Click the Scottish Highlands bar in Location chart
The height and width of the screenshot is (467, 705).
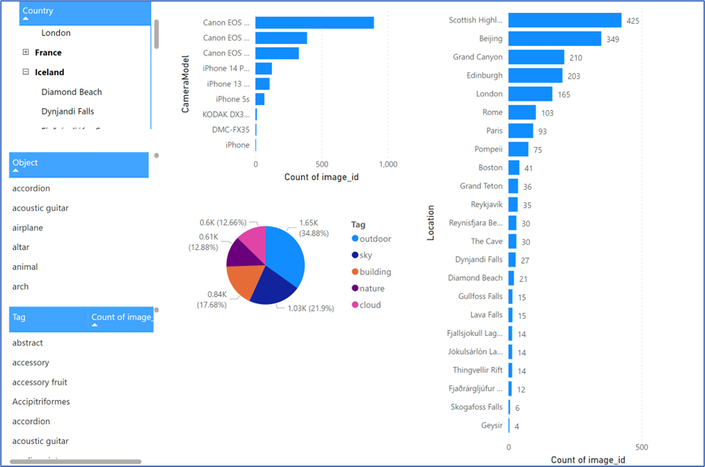tap(565, 20)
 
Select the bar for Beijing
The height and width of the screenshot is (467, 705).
tap(554, 39)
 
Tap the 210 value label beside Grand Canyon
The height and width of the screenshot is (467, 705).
tap(575, 58)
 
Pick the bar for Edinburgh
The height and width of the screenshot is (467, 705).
tap(535, 76)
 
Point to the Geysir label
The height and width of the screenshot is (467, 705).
tap(492, 425)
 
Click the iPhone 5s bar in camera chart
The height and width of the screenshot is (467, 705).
tap(260, 99)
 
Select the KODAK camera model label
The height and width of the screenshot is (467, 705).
tap(226, 115)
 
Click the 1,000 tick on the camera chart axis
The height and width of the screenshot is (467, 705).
tap(387, 164)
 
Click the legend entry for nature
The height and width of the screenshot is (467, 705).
tap(372, 288)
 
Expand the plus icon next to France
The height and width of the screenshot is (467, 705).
tap(26, 53)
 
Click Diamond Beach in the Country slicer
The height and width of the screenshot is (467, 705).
tap(71, 92)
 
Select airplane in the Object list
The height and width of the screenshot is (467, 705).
tap(27, 228)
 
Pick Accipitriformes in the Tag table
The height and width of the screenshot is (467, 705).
tap(41, 401)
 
